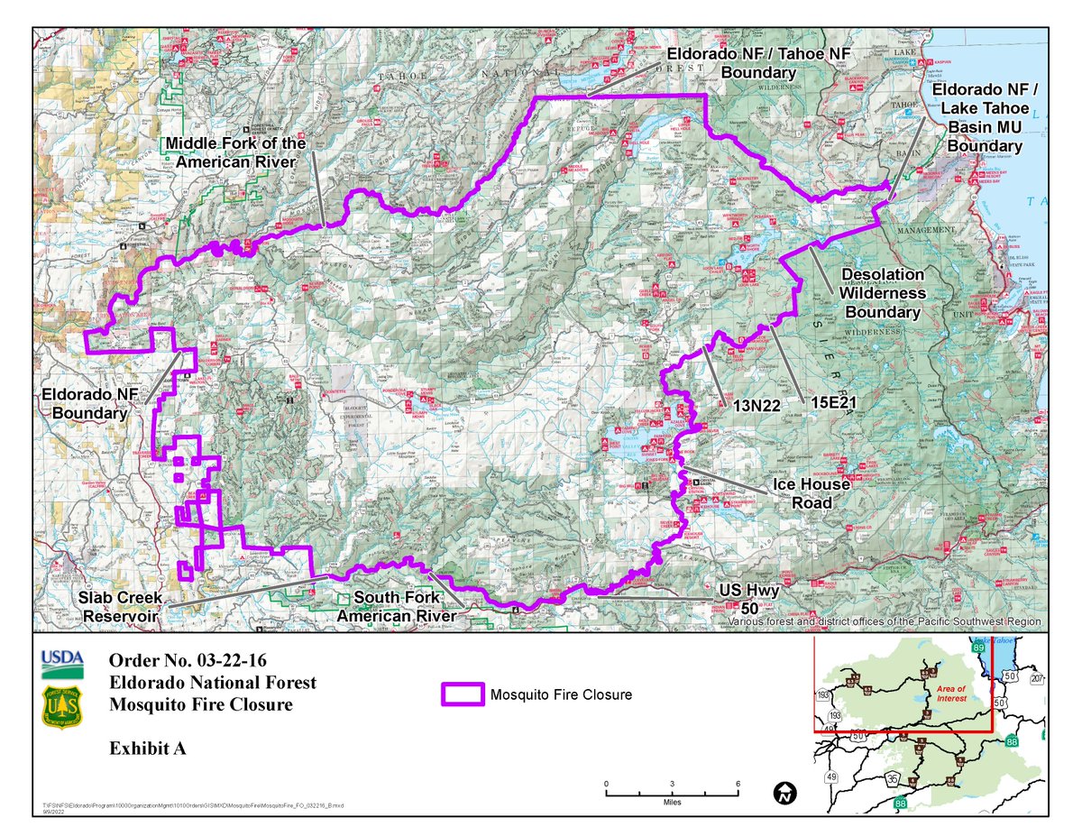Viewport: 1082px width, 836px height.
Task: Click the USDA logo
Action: click(62, 664)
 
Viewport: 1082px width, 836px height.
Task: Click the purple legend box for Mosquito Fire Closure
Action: click(462, 694)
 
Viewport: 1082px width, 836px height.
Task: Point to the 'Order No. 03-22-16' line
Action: click(187, 660)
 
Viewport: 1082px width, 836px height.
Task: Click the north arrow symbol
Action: click(786, 794)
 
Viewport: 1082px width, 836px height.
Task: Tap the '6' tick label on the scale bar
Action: click(738, 783)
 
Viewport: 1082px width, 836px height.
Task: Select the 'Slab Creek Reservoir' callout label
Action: click(121, 607)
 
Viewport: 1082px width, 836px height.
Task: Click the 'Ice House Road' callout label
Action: click(811, 491)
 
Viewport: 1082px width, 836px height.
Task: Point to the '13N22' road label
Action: click(756, 405)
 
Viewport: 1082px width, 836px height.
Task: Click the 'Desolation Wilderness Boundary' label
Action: click(882, 293)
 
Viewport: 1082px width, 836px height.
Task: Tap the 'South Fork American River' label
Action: click(397, 607)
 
